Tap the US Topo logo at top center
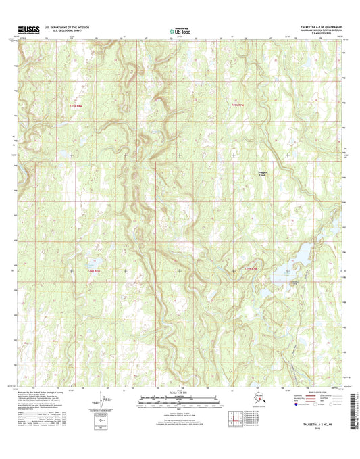coord(179,30)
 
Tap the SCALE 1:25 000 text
coord(180,394)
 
